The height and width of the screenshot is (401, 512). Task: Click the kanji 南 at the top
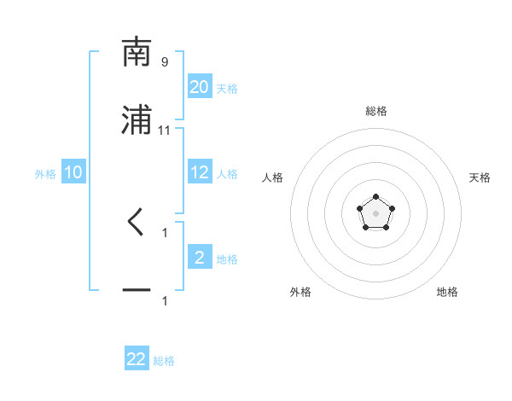click(x=137, y=52)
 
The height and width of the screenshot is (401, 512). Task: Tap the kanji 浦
click(x=137, y=120)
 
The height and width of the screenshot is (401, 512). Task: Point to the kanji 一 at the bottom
click(x=137, y=290)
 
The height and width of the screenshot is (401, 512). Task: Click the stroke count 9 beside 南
click(x=165, y=61)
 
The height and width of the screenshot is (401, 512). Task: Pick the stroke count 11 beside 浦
click(x=165, y=130)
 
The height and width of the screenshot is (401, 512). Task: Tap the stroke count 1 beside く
click(x=165, y=232)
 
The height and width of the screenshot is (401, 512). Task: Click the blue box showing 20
click(x=200, y=87)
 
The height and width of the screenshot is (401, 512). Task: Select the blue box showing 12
click(x=200, y=172)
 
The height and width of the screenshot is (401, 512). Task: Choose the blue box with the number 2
click(x=200, y=258)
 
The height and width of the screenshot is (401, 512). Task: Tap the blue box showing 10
click(x=73, y=172)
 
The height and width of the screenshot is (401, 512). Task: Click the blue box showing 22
click(x=137, y=359)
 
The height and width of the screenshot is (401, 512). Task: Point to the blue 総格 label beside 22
click(x=164, y=361)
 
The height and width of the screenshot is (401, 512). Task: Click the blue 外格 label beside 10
click(x=45, y=174)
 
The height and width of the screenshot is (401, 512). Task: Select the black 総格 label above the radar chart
click(x=375, y=111)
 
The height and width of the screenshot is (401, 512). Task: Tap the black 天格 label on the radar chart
click(x=480, y=177)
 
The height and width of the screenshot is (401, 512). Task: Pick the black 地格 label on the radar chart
click(x=447, y=292)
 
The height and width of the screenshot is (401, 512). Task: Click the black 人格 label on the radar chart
click(x=273, y=177)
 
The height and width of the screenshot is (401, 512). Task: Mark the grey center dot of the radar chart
click(x=375, y=212)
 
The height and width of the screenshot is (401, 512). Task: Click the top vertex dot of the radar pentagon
click(x=375, y=197)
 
